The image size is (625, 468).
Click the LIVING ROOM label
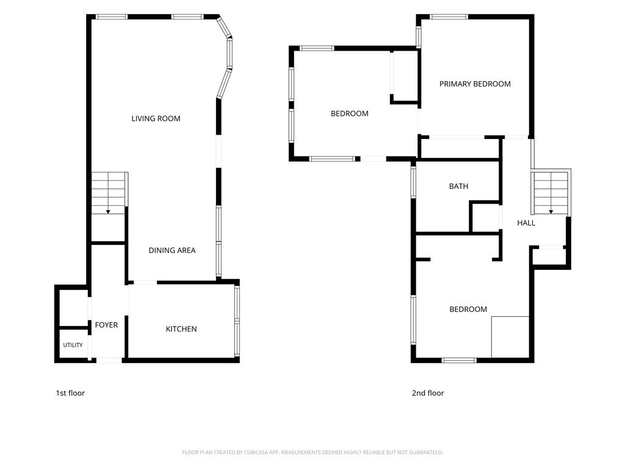tap(156, 119)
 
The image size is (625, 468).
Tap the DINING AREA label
tap(172, 250)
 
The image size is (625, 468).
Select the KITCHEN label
tap(181, 329)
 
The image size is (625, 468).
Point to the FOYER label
tap(106, 325)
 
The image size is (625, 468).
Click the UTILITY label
tap(73, 345)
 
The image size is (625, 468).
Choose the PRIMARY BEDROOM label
tap(475, 84)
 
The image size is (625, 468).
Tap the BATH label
tap(459, 186)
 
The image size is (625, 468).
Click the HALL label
tap(526, 223)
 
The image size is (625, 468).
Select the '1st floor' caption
tap(70, 393)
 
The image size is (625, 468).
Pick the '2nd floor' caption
tap(428, 393)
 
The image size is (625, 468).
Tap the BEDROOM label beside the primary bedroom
tap(350, 114)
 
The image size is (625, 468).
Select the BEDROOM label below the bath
tap(468, 310)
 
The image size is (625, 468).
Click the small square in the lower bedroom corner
tap(510, 337)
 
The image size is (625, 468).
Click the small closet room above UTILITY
tap(73, 308)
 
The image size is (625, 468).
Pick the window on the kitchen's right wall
tap(237, 321)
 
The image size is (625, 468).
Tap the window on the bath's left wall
tap(413, 182)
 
